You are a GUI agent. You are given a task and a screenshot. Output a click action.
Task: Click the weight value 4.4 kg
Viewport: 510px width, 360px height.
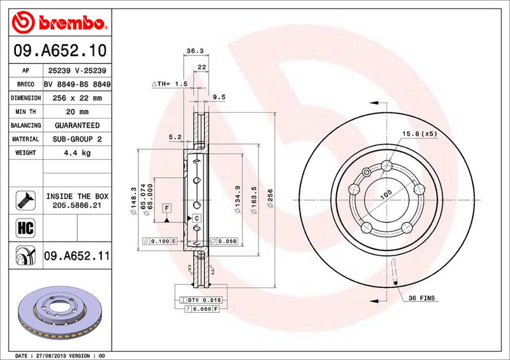78,154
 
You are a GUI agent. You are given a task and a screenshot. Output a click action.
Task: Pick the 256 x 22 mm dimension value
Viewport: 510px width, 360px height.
78,98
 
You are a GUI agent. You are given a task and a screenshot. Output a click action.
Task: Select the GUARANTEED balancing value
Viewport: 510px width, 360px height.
78,126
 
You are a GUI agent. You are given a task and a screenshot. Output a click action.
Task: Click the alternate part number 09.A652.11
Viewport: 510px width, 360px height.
77,256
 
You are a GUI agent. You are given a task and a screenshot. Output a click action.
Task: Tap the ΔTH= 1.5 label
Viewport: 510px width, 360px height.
170,84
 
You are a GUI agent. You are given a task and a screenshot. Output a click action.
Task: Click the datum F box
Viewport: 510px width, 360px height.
166,208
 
